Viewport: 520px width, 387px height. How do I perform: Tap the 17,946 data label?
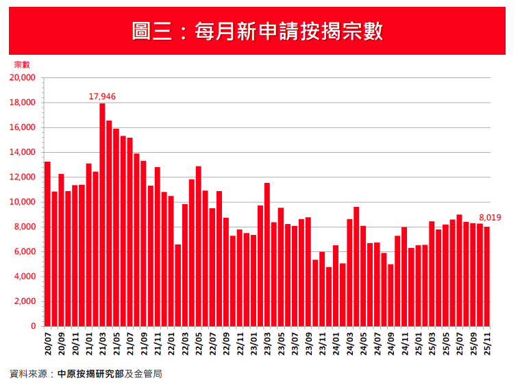(x=102, y=97)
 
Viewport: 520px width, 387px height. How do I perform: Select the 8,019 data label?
(x=490, y=218)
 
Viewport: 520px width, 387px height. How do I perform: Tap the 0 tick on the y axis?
(x=32, y=327)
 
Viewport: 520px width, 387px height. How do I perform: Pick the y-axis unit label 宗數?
(x=22, y=64)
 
